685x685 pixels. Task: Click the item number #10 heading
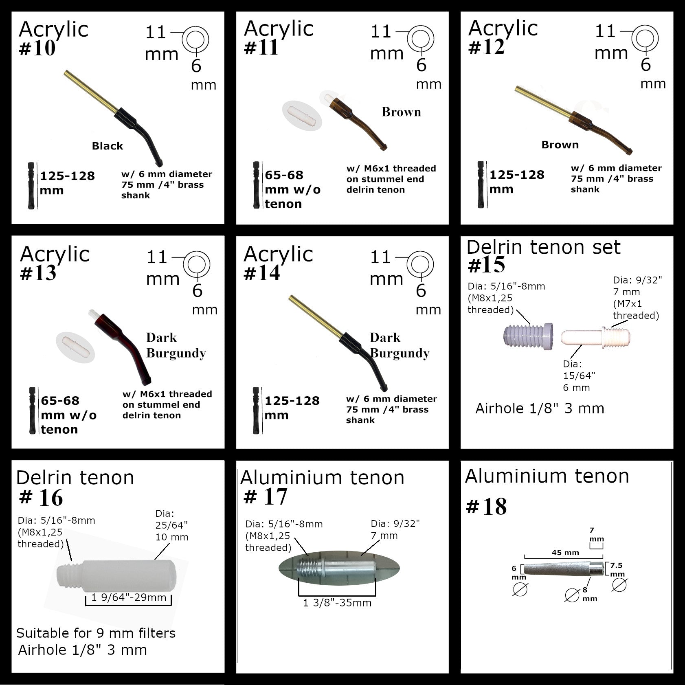click(x=37, y=48)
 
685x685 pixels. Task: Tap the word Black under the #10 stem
click(x=108, y=146)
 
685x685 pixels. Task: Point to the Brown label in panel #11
click(x=401, y=112)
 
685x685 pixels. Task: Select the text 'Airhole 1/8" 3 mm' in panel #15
click(x=540, y=408)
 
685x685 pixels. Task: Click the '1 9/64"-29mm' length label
click(x=129, y=597)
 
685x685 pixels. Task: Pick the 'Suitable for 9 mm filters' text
click(x=96, y=633)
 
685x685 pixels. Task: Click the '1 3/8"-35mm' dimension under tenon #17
click(x=337, y=603)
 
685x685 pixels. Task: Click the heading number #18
click(x=486, y=507)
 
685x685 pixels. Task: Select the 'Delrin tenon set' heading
click(x=543, y=247)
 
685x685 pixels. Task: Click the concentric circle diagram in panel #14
click(x=419, y=265)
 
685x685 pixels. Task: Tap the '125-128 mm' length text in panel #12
click(x=517, y=182)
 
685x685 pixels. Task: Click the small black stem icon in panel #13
click(x=32, y=411)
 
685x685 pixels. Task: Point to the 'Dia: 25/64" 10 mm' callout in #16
click(x=172, y=525)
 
